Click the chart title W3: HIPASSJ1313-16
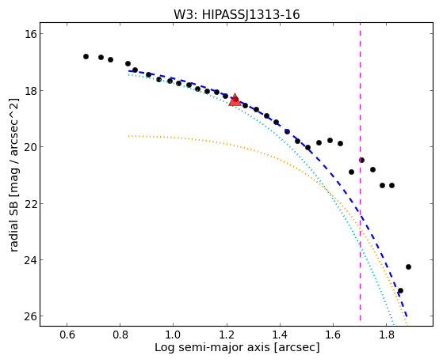[236, 14]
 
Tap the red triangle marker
[235, 100]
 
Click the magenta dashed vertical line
[361, 172]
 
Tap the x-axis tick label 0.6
[67, 335]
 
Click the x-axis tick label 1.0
[174, 335]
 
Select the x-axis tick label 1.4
[280, 335]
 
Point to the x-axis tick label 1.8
[387, 335]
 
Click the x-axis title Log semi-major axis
[212, 348]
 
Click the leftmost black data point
[86, 57]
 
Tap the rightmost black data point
[408, 267]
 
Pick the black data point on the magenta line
[361, 161]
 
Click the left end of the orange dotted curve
[129, 136]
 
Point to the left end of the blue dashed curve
[129, 71]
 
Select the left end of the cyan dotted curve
[129, 75]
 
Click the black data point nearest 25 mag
[400, 290]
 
